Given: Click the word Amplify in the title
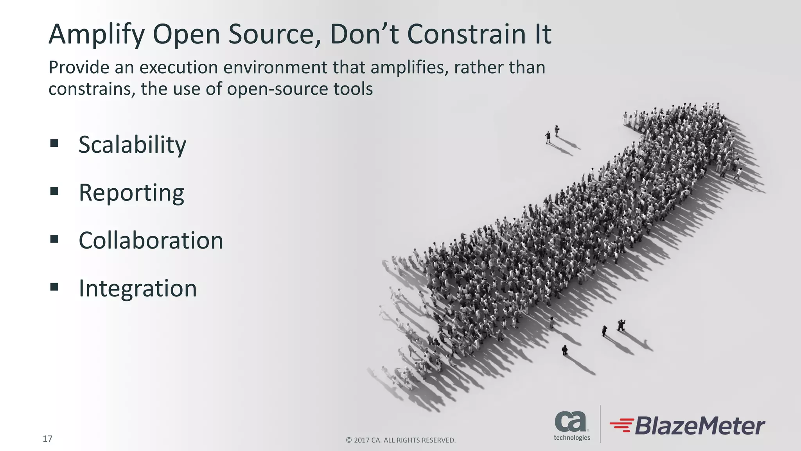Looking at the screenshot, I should click(x=96, y=34).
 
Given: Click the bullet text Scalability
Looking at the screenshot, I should click(x=132, y=145).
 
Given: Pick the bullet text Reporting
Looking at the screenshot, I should click(x=131, y=193).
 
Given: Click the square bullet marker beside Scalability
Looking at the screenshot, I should click(x=54, y=143).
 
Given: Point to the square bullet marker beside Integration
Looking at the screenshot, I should click(x=54, y=287).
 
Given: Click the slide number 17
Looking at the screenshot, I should click(x=47, y=438).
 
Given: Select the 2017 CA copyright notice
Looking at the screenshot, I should click(x=401, y=440).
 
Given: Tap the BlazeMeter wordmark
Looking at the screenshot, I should click(x=699, y=426).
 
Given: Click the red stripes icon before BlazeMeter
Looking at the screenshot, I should click(x=621, y=425).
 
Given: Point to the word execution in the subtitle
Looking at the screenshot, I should click(x=179, y=67).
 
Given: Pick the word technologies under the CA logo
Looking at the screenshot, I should click(x=572, y=438).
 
